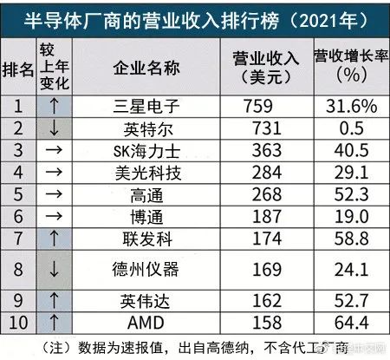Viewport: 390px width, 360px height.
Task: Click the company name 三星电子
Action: [x=146, y=107]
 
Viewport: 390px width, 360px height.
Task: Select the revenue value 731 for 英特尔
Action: [x=267, y=128]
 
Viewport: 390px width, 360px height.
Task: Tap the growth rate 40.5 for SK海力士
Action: [x=351, y=150]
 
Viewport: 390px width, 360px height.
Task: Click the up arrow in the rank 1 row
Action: [x=54, y=106]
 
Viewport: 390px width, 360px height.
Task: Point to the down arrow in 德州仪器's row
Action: [x=54, y=269]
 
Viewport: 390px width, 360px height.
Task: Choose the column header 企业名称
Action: [x=146, y=69]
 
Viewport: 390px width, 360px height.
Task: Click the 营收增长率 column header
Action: [x=351, y=56]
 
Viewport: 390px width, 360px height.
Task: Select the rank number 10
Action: [x=18, y=323]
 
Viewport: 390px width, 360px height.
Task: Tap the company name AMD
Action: [x=146, y=323]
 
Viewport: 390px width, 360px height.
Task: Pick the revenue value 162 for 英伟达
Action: [x=267, y=301]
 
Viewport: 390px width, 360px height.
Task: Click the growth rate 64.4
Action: [x=351, y=323]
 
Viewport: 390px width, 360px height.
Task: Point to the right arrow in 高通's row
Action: [x=54, y=193]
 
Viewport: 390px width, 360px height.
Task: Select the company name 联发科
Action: [x=147, y=239]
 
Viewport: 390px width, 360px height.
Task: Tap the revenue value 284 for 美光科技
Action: [x=267, y=173]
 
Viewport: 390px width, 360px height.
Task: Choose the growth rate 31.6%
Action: [x=351, y=106]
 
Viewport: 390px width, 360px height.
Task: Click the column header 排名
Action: [x=18, y=69]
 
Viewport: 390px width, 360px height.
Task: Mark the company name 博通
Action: [x=146, y=217]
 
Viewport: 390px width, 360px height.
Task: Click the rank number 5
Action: [x=18, y=194]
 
